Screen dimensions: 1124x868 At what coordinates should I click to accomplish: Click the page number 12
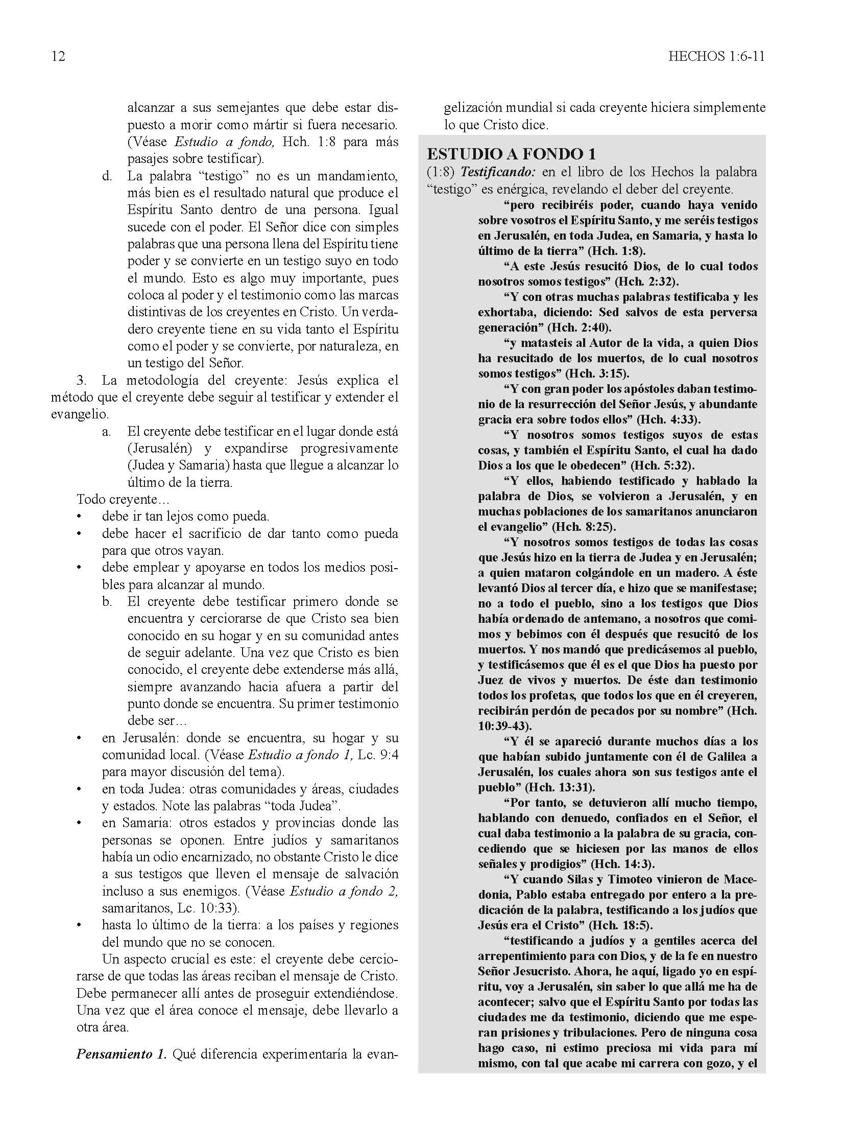tap(58, 56)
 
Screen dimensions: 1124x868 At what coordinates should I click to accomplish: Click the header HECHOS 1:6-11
tap(716, 56)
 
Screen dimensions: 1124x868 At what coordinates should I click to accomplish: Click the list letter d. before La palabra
tap(106, 177)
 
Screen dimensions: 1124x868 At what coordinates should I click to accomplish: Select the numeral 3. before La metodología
tap(82, 380)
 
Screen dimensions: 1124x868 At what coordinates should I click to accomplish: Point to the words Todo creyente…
tap(123, 499)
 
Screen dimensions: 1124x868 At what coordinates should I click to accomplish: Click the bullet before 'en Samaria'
tap(79, 823)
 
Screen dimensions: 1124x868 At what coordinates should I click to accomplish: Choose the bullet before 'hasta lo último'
tap(79, 925)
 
